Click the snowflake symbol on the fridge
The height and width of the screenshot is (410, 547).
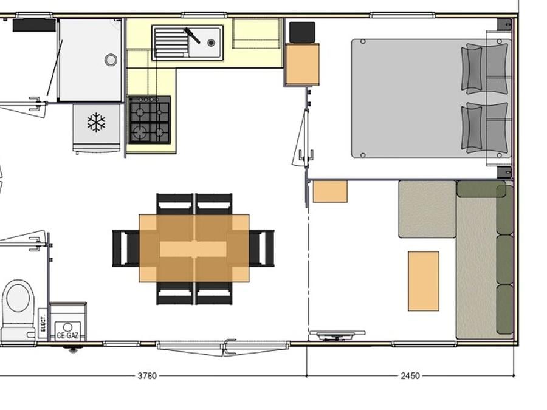pos(96,122)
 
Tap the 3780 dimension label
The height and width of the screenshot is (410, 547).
pos(147,376)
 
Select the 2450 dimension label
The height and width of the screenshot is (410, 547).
pos(410,376)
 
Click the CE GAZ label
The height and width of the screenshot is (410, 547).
pos(67,336)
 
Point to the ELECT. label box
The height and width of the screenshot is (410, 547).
pos(43,324)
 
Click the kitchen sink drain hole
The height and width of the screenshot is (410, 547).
pos(211,43)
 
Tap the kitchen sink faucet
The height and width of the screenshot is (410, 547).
pos(191,35)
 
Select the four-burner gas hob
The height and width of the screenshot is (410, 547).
pos(150,120)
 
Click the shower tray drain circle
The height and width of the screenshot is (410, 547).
pos(111,60)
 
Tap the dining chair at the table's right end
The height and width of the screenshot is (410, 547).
pos(261,248)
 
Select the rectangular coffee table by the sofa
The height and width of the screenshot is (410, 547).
pos(424,281)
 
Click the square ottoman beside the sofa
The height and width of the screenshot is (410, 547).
pos(427,209)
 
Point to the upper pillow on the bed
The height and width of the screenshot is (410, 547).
pos(485,68)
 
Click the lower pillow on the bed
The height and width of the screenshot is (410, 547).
pos(485,128)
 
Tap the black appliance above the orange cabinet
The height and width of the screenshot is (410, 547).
pos(302,32)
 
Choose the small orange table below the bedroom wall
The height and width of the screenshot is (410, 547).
pos(330,191)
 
